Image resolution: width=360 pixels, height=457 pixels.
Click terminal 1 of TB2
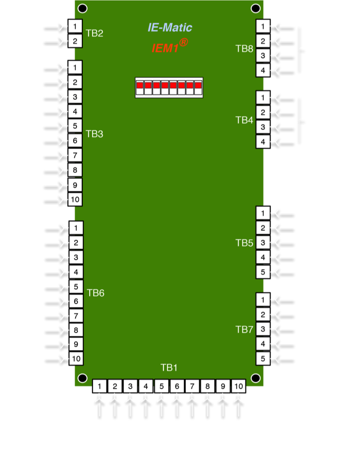(75, 26)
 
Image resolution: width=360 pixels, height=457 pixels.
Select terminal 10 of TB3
(75, 200)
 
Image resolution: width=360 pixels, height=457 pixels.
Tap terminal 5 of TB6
(76, 286)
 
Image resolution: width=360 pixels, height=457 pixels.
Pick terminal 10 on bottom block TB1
(238, 386)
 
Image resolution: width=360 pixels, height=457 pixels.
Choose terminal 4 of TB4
(263, 141)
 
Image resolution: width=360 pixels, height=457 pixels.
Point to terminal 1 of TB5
(263, 214)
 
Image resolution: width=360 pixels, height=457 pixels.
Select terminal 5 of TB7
(263, 359)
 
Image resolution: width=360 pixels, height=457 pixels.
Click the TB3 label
(94, 134)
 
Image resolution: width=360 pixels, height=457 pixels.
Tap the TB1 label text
(169, 368)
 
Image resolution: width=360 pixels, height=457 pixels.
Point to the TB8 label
(244, 49)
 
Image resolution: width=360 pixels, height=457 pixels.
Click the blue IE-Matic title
(170, 28)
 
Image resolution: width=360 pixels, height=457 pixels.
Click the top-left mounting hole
(83, 8)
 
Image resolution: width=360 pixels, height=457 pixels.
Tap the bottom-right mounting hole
(255, 378)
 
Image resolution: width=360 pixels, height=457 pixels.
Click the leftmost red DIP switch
(140, 86)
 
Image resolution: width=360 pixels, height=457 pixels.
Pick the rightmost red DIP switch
(198, 86)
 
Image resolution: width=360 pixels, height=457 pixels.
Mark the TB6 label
(96, 293)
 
